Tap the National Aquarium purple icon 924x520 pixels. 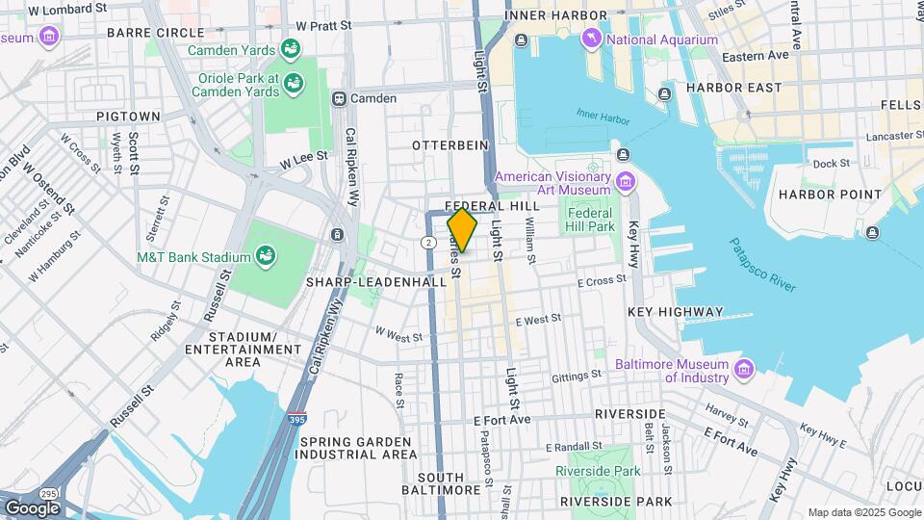(591, 39)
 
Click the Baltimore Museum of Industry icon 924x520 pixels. (742, 370)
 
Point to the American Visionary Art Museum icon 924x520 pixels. (626, 182)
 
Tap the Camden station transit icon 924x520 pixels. (339, 98)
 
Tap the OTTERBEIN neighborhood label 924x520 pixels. (450, 144)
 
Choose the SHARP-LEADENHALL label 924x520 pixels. (375, 282)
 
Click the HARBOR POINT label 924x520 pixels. (830, 195)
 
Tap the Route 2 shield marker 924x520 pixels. (426, 241)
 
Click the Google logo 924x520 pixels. (32, 507)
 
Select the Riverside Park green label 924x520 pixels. (598, 471)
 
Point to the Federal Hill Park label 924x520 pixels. (591, 220)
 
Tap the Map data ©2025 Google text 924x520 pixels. (862, 512)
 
